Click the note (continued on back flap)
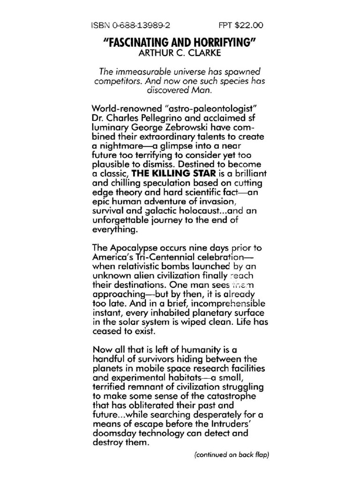point(232,454)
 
